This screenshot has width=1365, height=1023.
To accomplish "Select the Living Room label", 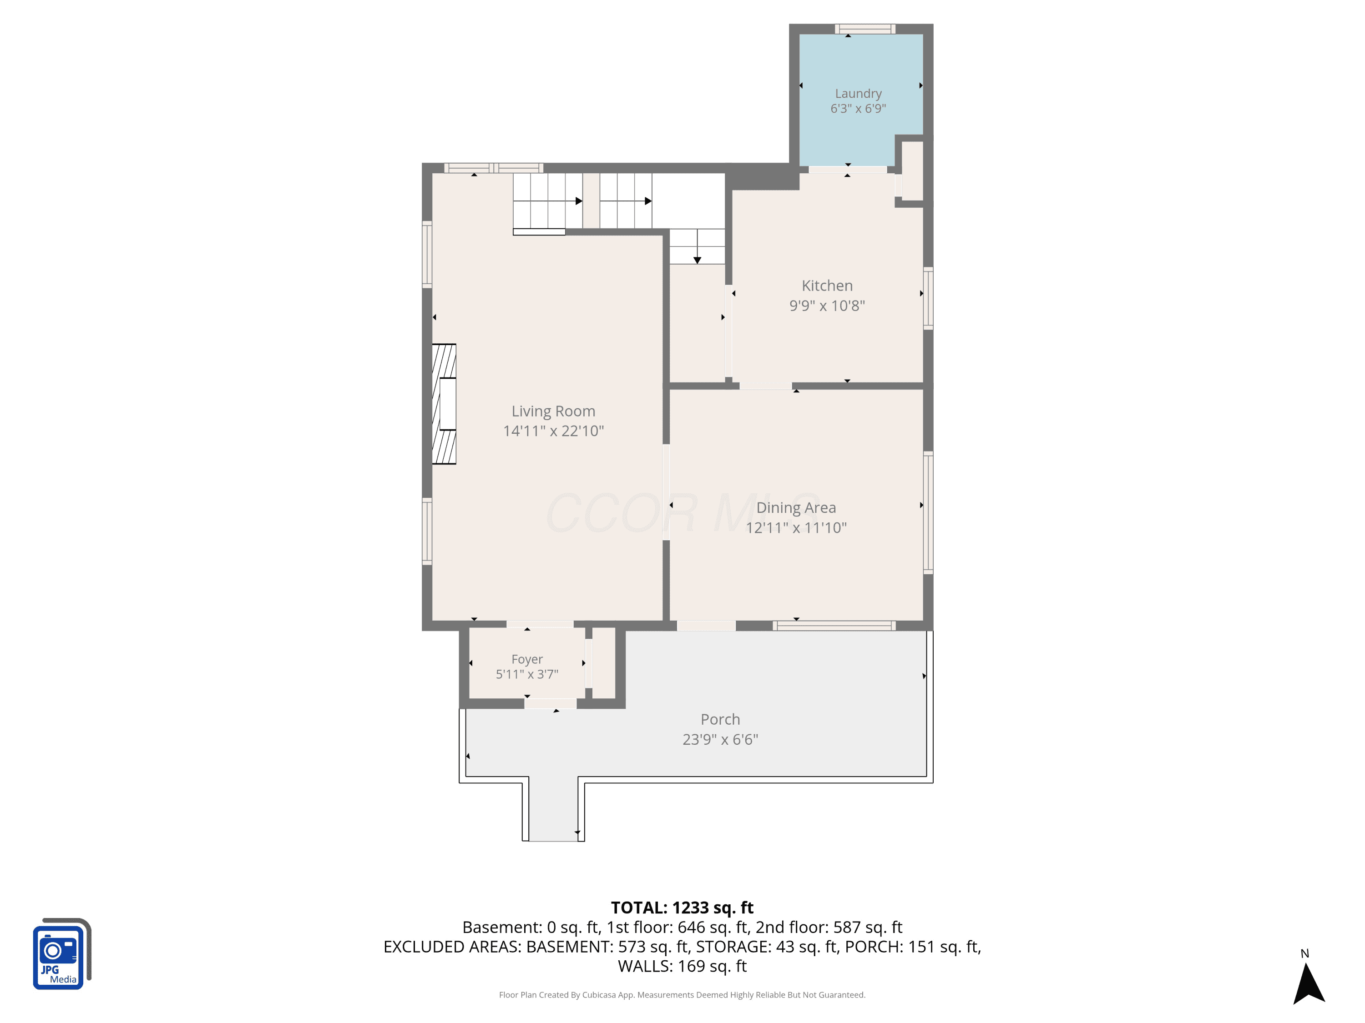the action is (553, 411).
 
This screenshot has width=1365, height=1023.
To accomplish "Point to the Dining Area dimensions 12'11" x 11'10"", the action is (796, 527).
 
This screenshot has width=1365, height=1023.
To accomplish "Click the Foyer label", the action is (527, 659).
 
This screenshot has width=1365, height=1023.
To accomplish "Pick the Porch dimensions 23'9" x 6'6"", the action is (720, 739).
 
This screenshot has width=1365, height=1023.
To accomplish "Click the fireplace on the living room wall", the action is (444, 404).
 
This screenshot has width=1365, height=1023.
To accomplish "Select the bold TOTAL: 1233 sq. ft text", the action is (682, 908).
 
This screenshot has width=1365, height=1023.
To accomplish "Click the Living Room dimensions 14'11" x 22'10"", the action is (553, 431).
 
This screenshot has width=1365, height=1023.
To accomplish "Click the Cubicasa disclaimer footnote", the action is (682, 995).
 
